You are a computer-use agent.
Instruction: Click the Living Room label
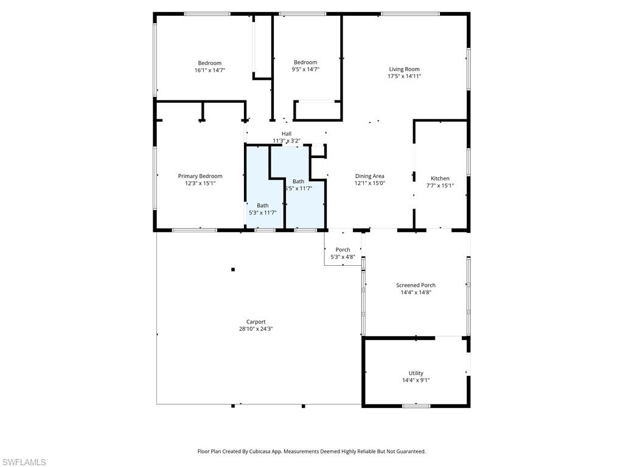click(404, 69)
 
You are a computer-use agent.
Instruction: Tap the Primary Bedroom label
click(200, 176)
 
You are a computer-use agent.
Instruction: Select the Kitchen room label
click(439, 179)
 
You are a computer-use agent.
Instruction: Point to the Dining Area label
click(370, 176)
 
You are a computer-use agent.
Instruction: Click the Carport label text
click(256, 322)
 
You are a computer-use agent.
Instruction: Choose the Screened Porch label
click(416, 285)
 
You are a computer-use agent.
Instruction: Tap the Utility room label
click(416, 373)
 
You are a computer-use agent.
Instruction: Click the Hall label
click(287, 134)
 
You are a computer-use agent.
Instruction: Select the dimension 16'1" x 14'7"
click(210, 71)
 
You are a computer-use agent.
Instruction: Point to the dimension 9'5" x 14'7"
click(305, 69)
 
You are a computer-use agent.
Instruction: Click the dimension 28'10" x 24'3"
click(256, 329)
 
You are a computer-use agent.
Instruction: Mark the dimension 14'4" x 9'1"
click(416, 381)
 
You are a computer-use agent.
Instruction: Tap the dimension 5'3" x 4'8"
click(343, 257)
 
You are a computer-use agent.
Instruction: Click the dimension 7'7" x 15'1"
click(439, 186)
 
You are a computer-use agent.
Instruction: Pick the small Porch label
click(343, 250)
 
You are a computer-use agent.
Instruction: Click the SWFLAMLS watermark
click(24, 463)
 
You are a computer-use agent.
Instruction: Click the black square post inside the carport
click(233, 269)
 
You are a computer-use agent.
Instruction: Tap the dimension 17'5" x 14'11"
click(404, 77)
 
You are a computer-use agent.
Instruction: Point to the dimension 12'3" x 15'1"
click(200, 184)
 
